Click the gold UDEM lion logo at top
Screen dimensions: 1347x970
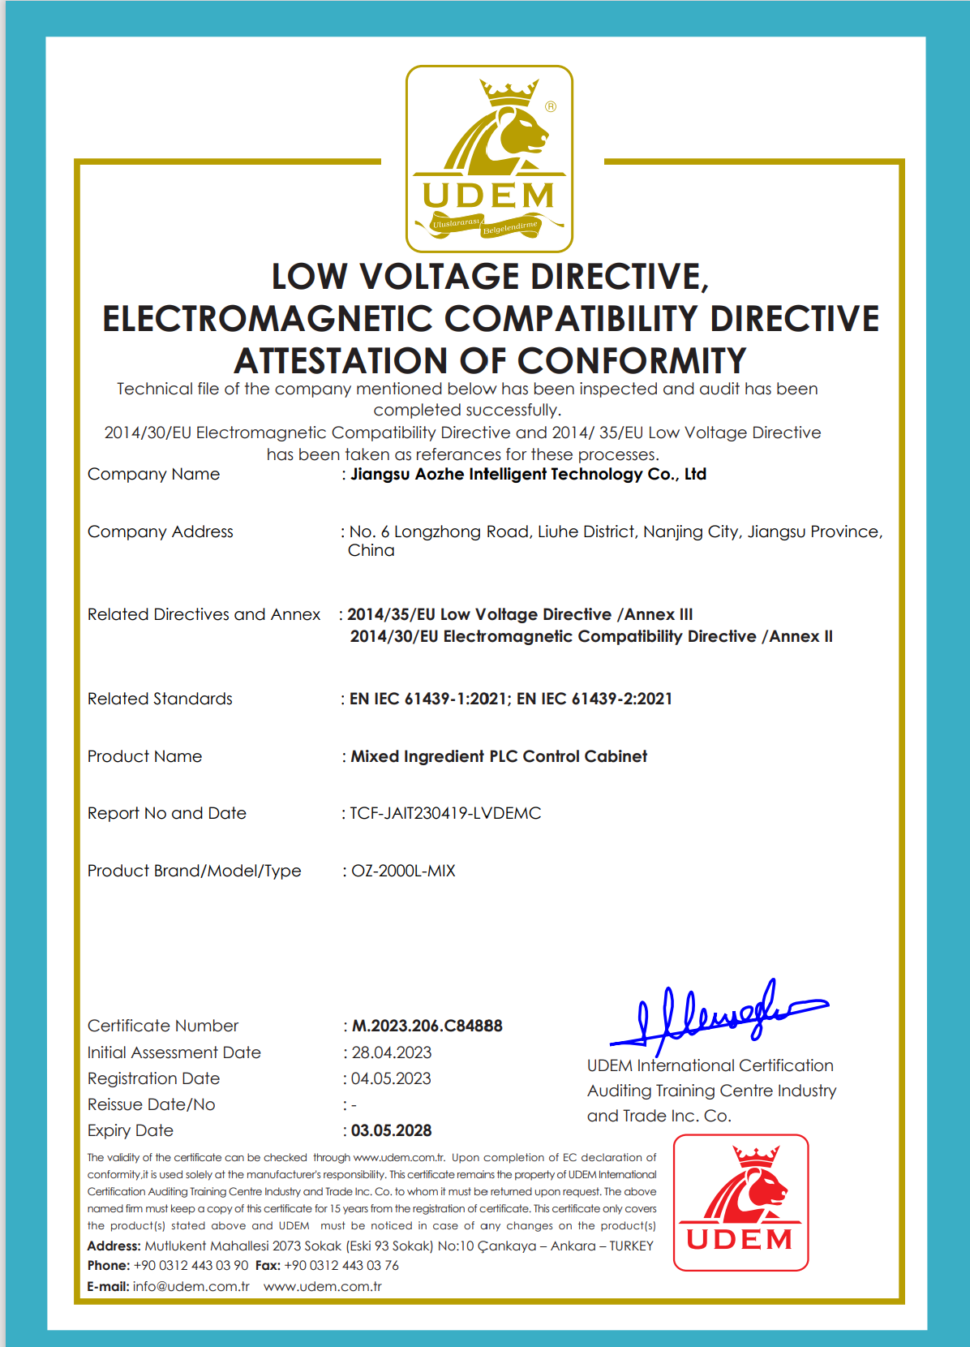click(x=489, y=159)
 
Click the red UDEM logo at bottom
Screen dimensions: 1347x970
click(x=740, y=1203)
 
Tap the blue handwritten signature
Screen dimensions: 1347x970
click(x=718, y=1014)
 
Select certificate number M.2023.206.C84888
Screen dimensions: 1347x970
click(x=427, y=1026)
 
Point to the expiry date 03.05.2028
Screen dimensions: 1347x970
click(x=391, y=1130)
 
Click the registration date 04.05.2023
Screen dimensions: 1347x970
click(x=391, y=1078)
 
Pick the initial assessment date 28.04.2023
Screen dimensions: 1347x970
click(x=391, y=1052)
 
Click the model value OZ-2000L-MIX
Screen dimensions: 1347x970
click(x=403, y=871)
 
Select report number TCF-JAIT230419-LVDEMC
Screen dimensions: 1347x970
click(x=445, y=813)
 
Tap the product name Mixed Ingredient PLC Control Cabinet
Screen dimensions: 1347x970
click(x=499, y=756)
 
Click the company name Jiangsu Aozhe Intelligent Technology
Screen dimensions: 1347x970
click(x=528, y=474)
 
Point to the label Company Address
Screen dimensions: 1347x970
click(x=161, y=531)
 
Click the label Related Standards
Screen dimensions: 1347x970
click(x=160, y=699)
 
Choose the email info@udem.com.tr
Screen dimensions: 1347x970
click(x=191, y=1286)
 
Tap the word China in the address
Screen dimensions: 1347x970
click(x=371, y=550)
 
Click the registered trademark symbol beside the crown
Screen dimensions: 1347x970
click(x=551, y=106)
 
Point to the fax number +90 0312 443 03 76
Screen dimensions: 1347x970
click(x=341, y=1265)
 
